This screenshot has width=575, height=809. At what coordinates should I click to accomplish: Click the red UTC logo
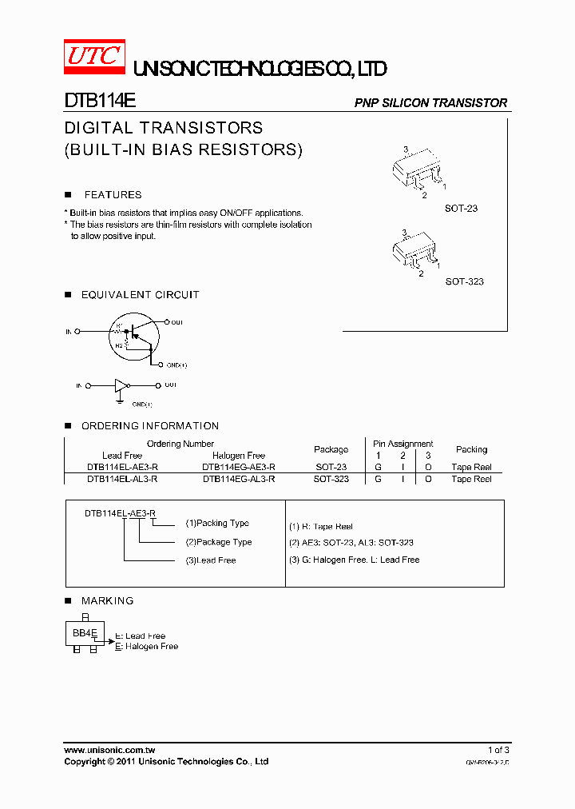pyautogui.click(x=93, y=56)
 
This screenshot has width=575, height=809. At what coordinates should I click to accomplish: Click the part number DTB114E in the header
pyautogui.click(x=100, y=102)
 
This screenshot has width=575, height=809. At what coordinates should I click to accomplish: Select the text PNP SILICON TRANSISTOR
pyautogui.click(x=430, y=103)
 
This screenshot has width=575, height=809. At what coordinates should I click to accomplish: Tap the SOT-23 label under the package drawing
pyautogui.click(x=461, y=209)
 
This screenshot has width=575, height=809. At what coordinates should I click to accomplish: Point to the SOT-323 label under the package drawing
pyautogui.click(x=464, y=281)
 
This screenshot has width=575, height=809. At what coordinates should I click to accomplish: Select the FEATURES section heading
pyautogui.click(x=113, y=195)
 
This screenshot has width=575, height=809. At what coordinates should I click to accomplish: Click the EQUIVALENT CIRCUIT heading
pyautogui.click(x=140, y=295)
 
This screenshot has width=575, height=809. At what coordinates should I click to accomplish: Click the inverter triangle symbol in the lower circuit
pyautogui.click(x=121, y=385)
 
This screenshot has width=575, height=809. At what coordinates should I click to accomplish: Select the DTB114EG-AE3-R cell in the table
pyautogui.click(x=239, y=467)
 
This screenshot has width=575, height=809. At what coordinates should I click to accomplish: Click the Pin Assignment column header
pyautogui.click(x=402, y=444)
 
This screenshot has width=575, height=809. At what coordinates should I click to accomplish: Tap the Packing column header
pyautogui.click(x=471, y=449)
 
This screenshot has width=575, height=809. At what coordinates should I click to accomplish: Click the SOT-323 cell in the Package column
pyautogui.click(x=331, y=479)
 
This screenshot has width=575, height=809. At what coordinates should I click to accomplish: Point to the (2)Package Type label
pyautogui.click(x=218, y=542)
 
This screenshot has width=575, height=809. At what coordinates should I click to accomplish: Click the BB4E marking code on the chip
pyautogui.click(x=85, y=632)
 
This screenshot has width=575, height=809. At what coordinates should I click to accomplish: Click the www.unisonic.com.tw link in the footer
pyautogui.click(x=109, y=750)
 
